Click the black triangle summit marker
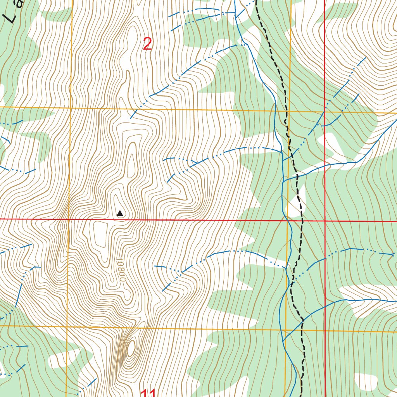120,213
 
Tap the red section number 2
147,44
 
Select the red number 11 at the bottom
148,393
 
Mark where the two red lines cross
325,221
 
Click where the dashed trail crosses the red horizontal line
302,221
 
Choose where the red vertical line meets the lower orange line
325,331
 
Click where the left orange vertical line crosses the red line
69,219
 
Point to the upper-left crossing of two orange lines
71,107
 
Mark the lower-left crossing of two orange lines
67,326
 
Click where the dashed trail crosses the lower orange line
302,331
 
